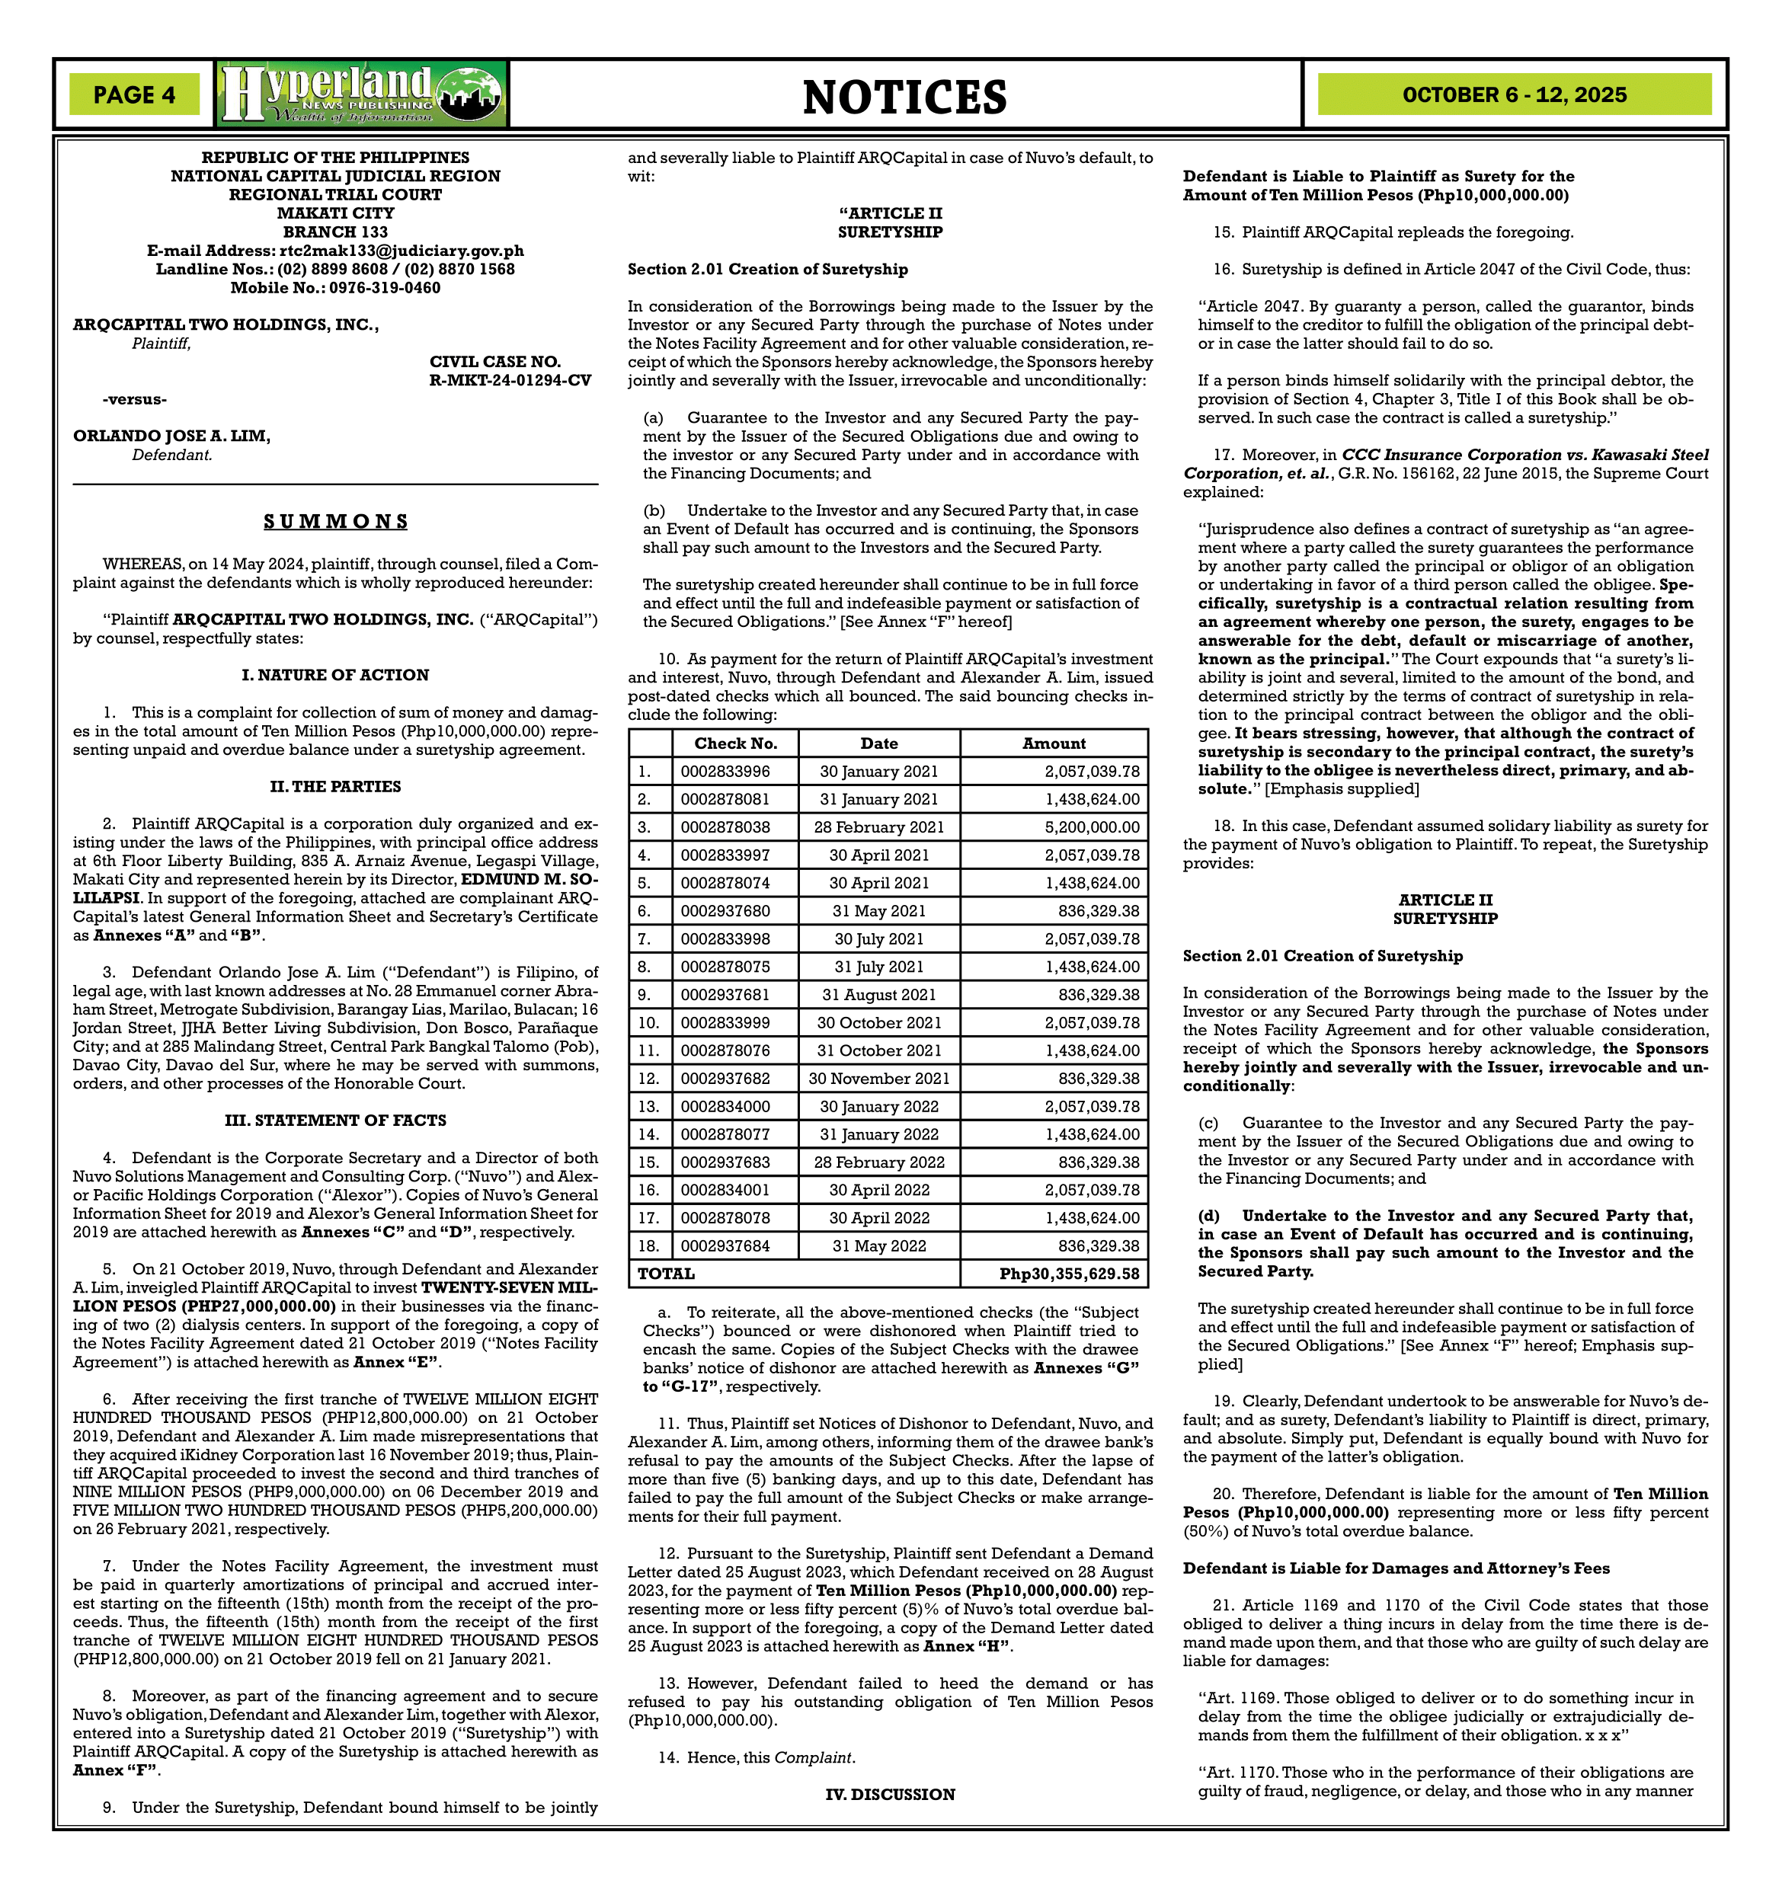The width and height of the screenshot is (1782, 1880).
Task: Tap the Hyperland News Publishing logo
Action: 362,94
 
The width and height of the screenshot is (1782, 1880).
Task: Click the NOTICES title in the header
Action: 904,97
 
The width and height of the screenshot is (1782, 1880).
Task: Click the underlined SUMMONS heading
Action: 335,522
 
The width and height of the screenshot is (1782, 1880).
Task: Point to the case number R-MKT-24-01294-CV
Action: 510,380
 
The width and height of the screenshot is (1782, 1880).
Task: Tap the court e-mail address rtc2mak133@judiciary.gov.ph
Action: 401,251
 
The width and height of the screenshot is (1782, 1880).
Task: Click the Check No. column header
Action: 735,743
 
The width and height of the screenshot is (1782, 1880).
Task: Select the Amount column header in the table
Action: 1054,743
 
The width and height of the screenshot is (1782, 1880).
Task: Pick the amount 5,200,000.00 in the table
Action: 1093,826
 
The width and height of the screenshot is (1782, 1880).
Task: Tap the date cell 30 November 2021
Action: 878,1078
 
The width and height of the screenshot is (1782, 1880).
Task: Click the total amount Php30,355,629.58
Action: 1069,1273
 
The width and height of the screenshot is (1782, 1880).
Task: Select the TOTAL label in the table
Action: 666,1273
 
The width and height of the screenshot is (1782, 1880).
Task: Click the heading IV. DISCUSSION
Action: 890,1794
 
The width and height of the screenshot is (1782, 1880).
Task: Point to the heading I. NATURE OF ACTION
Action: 335,674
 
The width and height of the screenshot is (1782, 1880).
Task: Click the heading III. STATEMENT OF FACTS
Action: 335,1120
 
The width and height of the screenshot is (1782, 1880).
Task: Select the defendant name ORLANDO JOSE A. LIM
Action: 172,436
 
